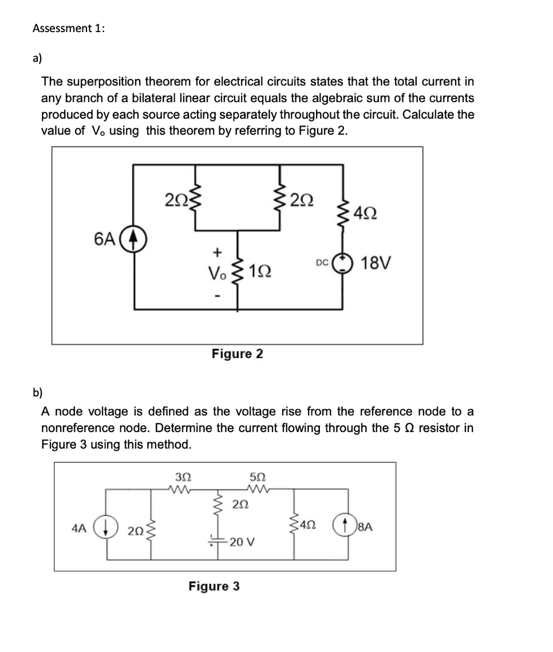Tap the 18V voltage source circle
(x=342, y=263)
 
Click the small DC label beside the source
(x=321, y=263)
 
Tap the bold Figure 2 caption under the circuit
(x=238, y=354)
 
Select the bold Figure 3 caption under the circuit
(x=214, y=586)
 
